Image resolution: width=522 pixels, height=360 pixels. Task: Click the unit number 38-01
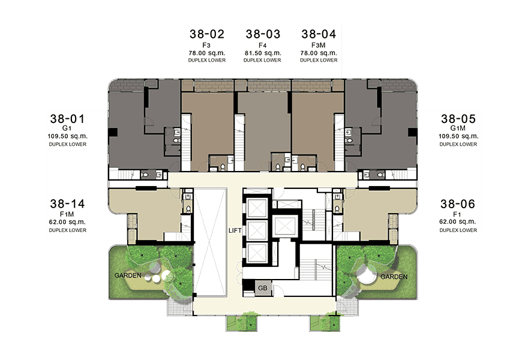click(68, 119)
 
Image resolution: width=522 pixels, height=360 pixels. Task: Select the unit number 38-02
click(207, 34)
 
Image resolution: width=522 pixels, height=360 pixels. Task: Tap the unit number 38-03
click(263, 34)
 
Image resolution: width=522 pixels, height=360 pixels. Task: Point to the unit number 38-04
click(319, 34)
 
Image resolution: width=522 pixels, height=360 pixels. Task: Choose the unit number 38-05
click(458, 119)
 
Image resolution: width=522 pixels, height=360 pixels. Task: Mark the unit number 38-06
click(458, 204)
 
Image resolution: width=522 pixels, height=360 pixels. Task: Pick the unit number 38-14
click(68, 204)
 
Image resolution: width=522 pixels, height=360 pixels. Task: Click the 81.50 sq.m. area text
click(263, 53)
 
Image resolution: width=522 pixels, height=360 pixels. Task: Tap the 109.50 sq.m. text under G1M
click(458, 136)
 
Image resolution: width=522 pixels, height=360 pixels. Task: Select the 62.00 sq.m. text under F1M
click(68, 222)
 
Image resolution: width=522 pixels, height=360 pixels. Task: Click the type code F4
click(263, 45)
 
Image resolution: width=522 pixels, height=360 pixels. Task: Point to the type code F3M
click(319, 45)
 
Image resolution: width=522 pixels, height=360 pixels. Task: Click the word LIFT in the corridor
click(235, 230)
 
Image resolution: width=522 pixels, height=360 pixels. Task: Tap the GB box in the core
click(263, 288)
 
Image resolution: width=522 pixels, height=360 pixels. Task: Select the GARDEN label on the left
click(128, 275)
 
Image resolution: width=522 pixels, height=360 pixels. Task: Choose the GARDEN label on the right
click(394, 277)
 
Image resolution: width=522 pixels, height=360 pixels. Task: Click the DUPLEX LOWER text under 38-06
click(458, 230)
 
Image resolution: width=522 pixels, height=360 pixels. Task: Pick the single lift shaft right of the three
click(284, 226)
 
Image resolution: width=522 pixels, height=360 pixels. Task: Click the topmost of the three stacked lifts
click(257, 208)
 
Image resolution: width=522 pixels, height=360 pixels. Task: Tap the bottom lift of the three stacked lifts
click(257, 253)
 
